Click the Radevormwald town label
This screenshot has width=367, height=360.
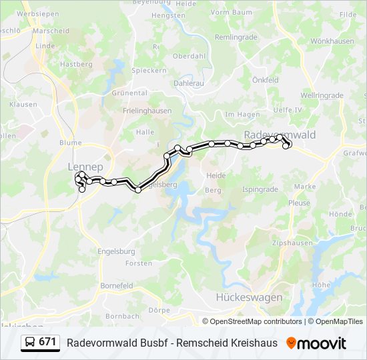280,134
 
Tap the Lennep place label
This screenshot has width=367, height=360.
85,166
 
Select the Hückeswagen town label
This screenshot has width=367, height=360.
249,297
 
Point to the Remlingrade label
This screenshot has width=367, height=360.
236,37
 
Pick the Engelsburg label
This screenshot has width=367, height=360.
117,251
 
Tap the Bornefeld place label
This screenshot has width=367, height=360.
117,285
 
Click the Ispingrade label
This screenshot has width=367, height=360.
260,189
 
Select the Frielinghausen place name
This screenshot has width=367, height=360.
147,111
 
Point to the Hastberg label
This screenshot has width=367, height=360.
76,64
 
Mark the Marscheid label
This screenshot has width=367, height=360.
51,31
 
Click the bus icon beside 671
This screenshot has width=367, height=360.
30,342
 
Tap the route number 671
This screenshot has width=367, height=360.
47,342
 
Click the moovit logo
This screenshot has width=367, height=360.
316,343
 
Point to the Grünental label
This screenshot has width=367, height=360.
129,93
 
